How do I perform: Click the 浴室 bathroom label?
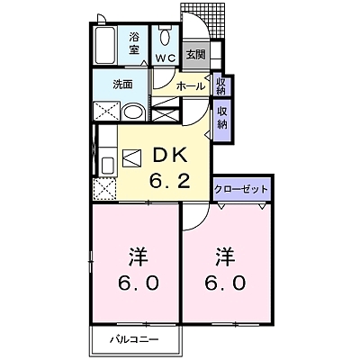pyautogui.click(x=134, y=42)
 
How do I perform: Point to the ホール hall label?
pyautogui.click(x=189, y=86)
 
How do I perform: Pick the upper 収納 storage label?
pyautogui.click(x=220, y=85)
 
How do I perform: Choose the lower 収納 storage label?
pyautogui.click(x=221, y=117)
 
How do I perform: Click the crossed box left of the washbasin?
pyautogui.click(x=104, y=112)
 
